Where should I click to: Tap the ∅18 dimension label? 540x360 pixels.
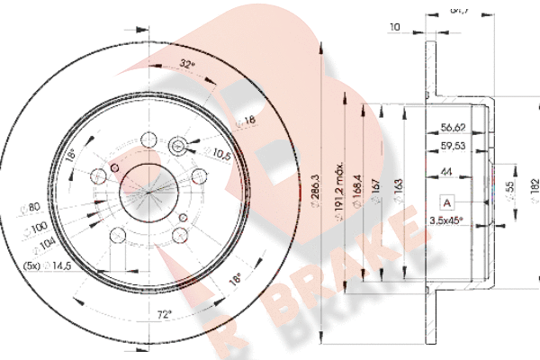click(245, 120)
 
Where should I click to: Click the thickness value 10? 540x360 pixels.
click(394, 28)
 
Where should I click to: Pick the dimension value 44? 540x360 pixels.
click(446, 174)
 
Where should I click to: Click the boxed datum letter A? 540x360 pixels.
click(445, 203)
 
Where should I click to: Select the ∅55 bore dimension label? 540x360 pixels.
click(511, 190)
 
